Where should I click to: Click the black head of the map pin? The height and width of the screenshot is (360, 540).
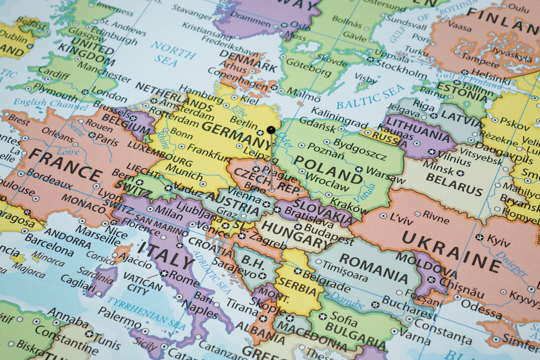tap(271, 130)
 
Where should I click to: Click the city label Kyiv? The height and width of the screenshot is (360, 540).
tap(499, 241)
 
